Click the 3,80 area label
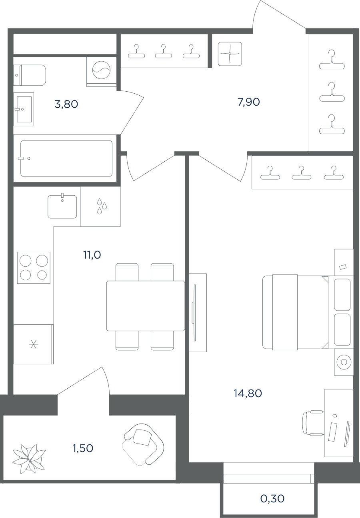[x=66, y=104]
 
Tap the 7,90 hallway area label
[x=249, y=102]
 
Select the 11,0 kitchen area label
[x=92, y=255]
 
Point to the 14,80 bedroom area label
[x=248, y=394]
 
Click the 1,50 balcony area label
[x=83, y=448]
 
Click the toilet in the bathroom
[x=30, y=75]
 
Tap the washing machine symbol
[x=102, y=70]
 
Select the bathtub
[x=66, y=159]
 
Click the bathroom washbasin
[x=24, y=109]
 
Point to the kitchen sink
[x=62, y=206]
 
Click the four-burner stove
[x=34, y=268]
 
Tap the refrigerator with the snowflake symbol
[x=34, y=344]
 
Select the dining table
[x=146, y=306]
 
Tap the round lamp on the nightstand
[x=344, y=362]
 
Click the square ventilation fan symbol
[x=230, y=54]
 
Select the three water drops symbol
[x=102, y=206]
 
